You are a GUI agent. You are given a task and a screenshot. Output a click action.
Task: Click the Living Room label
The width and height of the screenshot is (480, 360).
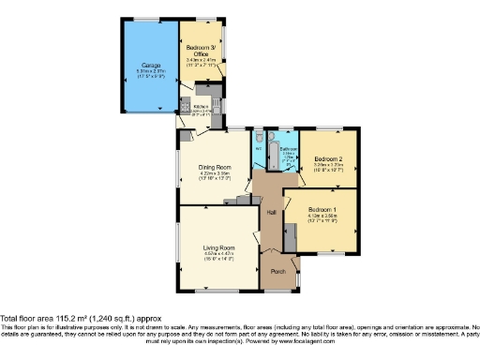pos(217,247)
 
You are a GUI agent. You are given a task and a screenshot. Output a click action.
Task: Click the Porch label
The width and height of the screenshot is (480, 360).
pos(278,271)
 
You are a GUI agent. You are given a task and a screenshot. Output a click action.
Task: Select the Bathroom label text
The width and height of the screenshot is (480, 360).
pos(288,148)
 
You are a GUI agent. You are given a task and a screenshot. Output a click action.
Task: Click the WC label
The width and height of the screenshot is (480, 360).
pos(258,148)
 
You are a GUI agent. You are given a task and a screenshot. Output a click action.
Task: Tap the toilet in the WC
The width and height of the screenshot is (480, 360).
pos(258,138)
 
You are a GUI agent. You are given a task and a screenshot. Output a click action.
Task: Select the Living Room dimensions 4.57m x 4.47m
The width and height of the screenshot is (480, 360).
pos(217,254)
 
